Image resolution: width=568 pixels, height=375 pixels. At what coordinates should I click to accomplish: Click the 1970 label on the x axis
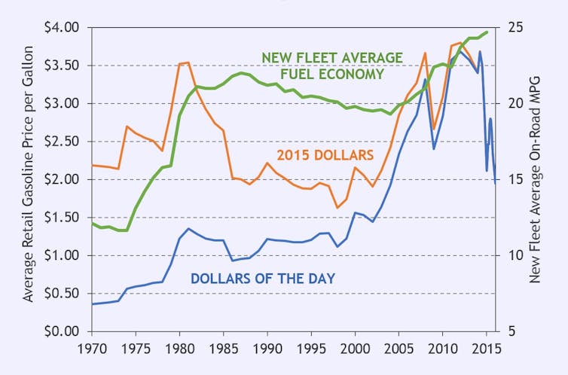click(x=92, y=349)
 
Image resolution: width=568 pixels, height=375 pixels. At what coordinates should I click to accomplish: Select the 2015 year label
click(x=486, y=349)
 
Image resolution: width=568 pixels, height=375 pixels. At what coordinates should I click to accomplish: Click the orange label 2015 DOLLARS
click(x=325, y=155)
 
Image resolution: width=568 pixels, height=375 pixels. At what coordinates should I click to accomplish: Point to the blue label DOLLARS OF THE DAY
click(x=262, y=278)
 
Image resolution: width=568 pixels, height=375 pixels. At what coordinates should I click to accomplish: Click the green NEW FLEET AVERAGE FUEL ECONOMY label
click(x=331, y=66)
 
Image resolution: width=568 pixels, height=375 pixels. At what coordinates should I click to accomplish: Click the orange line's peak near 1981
click(x=188, y=62)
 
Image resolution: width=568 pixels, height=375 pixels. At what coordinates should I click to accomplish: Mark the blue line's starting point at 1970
click(x=92, y=303)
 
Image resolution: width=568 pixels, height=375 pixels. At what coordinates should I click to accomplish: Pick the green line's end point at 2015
click(x=487, y=32)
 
